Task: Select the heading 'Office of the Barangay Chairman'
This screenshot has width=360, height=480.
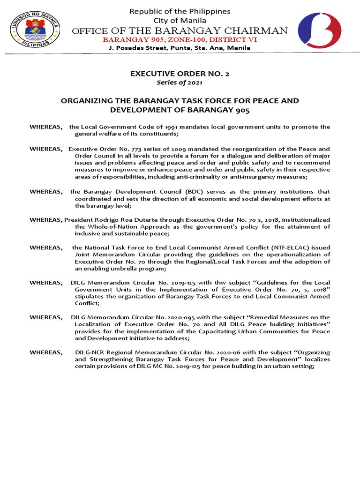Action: (180, 31)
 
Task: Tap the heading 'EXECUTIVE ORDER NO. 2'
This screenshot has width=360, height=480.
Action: (180, 74)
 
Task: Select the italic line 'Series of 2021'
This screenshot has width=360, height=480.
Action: (180, 82)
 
